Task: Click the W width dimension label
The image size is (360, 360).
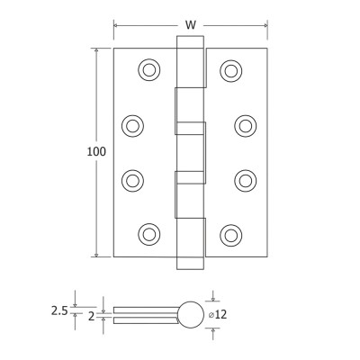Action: pyautogui.click(x=191, y=25)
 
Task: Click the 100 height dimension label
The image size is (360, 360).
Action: pyautogui.click(x=96, y=152)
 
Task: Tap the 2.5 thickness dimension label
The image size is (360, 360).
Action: pyautogui.click(x=59, y=311)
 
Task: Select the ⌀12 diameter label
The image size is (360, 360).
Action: pyautogui.click(x=218, y=314)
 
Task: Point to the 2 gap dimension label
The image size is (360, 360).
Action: pyautogui.click(x=92, y=316)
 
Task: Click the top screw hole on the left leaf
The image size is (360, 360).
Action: pyautogui.click(x=149, y=69)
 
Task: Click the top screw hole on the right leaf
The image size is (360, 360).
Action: pyautogui.click(x=231, y=71)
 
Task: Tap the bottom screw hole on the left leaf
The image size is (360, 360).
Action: pyautogui.click(x=149, y=234)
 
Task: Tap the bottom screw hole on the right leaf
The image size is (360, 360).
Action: pyautogui.click(x=231, y=235)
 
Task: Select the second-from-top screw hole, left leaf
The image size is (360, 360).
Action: pyautogui.click(x=132, y=126)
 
